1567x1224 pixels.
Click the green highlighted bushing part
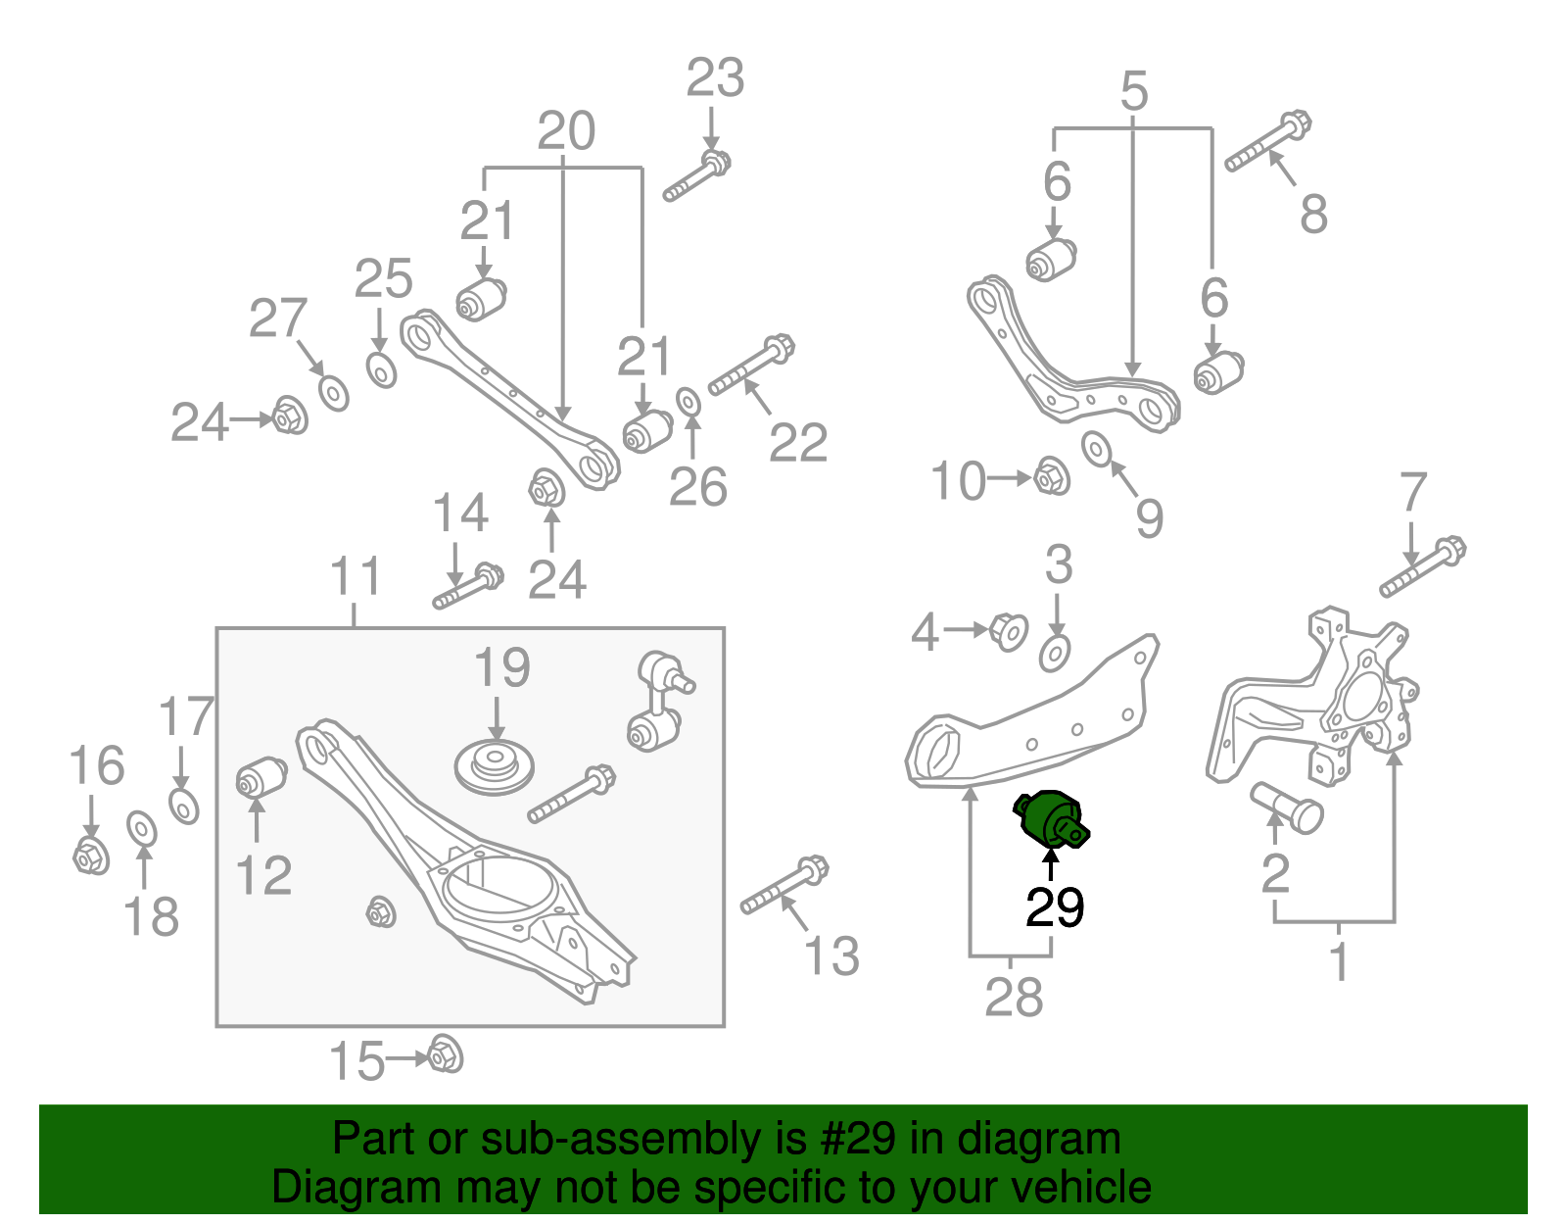tap(1051, 820)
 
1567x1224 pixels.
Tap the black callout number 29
tap(1054, 908)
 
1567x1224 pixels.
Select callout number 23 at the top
tap(715, 78)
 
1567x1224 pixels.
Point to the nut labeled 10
tap(1052, 477)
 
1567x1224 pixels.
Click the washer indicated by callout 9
tap(1096, 448)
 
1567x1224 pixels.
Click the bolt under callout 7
tap(1422, 567)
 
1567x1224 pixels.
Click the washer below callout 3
tap(1055, 652)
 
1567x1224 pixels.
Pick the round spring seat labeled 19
tap(496, 766)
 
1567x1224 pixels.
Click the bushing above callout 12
tap(261, 778)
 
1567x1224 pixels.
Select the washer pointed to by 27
tap(334, 393)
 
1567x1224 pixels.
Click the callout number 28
tap(1014, 998)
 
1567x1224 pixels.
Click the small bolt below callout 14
tap(468, 585)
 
